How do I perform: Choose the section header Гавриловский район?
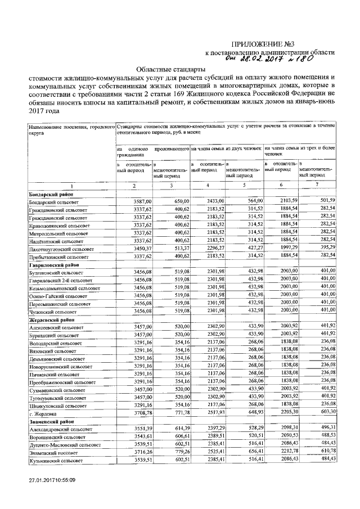coord(53,263)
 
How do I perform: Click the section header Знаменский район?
coord(52,420)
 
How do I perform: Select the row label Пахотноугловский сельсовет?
coord(62,248)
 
